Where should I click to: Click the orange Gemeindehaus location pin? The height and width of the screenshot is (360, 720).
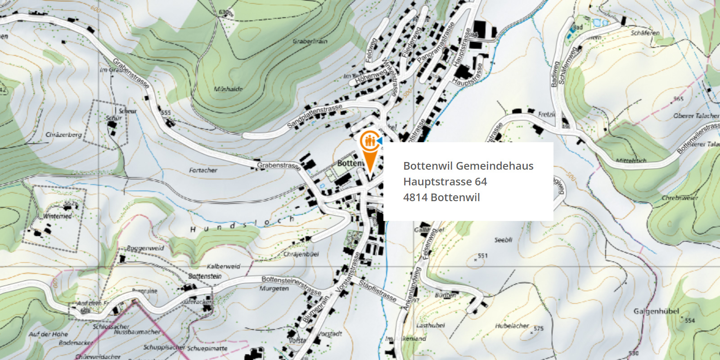369,148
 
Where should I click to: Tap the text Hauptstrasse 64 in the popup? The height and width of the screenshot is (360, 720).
445,182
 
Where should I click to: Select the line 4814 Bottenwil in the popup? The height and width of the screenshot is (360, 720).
441,198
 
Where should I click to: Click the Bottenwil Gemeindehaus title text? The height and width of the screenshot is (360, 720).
468,166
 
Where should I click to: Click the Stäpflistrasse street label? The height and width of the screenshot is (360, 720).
378,291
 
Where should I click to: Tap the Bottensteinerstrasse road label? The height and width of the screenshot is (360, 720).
291,285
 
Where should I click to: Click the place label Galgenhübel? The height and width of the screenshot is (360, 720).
656,311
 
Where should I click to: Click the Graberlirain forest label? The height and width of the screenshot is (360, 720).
310,41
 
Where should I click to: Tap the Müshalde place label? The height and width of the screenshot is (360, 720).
228,89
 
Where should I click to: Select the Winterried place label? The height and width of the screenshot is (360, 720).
57,216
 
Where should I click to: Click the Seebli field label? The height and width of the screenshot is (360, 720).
503,240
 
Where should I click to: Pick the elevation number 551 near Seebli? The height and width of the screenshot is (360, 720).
482,256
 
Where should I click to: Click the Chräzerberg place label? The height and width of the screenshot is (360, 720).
63,135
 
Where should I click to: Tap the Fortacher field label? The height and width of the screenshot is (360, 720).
203,171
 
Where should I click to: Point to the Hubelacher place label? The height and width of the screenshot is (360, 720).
512,326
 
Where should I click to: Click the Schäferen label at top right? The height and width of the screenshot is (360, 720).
645,33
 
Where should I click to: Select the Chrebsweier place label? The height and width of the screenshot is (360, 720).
679,198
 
